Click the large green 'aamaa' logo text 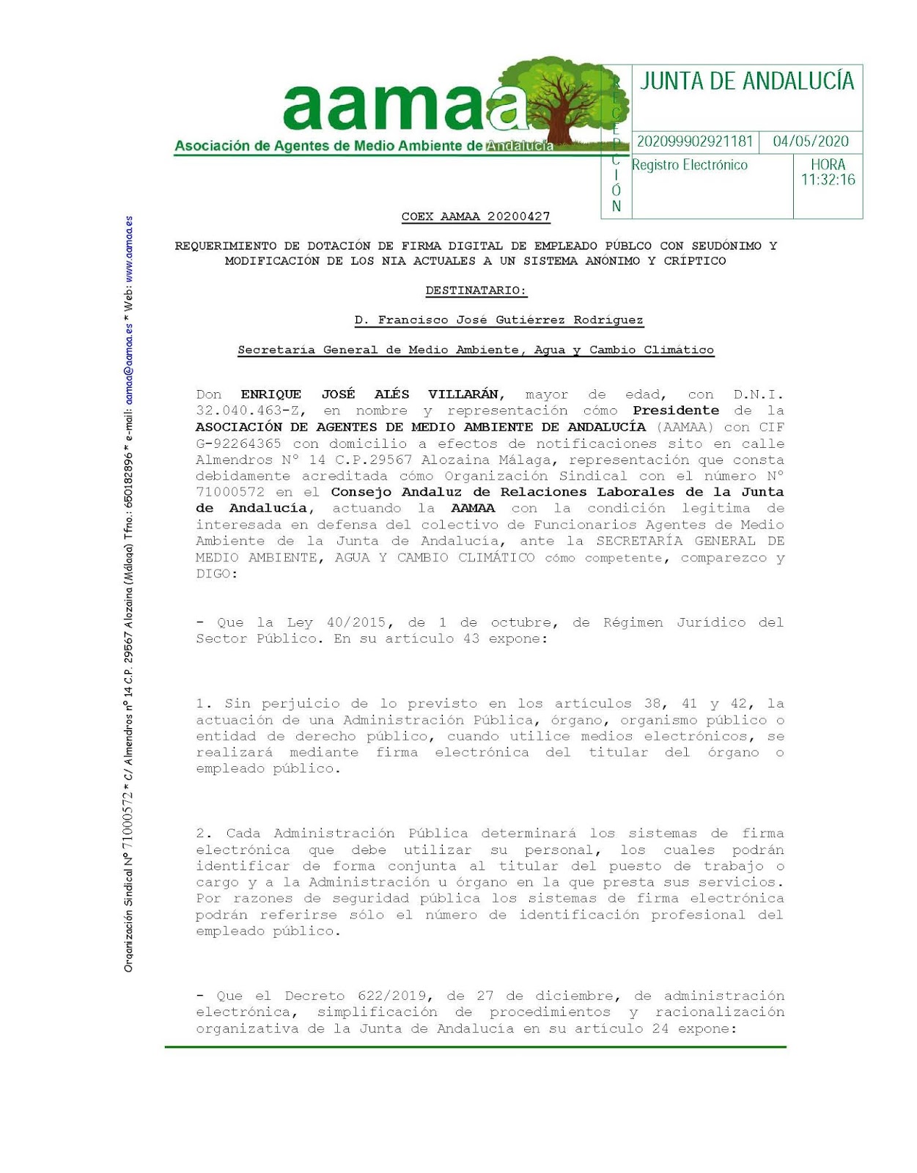tap(403, 109)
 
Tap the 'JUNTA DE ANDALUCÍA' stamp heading tap(747, 81)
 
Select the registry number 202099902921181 tap(695, 141)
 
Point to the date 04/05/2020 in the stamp tap(811, 141)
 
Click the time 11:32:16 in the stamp tap(828, 180)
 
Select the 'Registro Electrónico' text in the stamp tap(690, 165)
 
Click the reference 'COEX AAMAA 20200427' tap(476, 216)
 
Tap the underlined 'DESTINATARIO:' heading tap(476, 290)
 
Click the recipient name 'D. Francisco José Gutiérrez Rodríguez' tap(498, 320)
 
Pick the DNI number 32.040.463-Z tap(250, 411)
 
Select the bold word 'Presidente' tap(676, 411)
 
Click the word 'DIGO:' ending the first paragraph tap(216, 574)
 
